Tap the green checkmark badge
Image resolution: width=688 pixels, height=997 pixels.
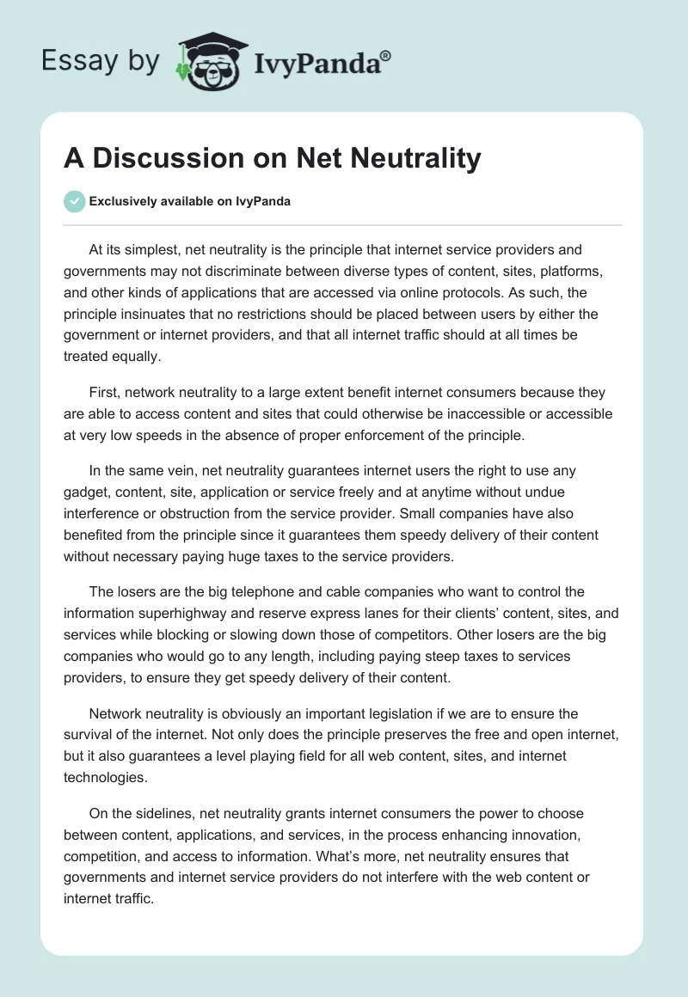pos(74,202)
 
